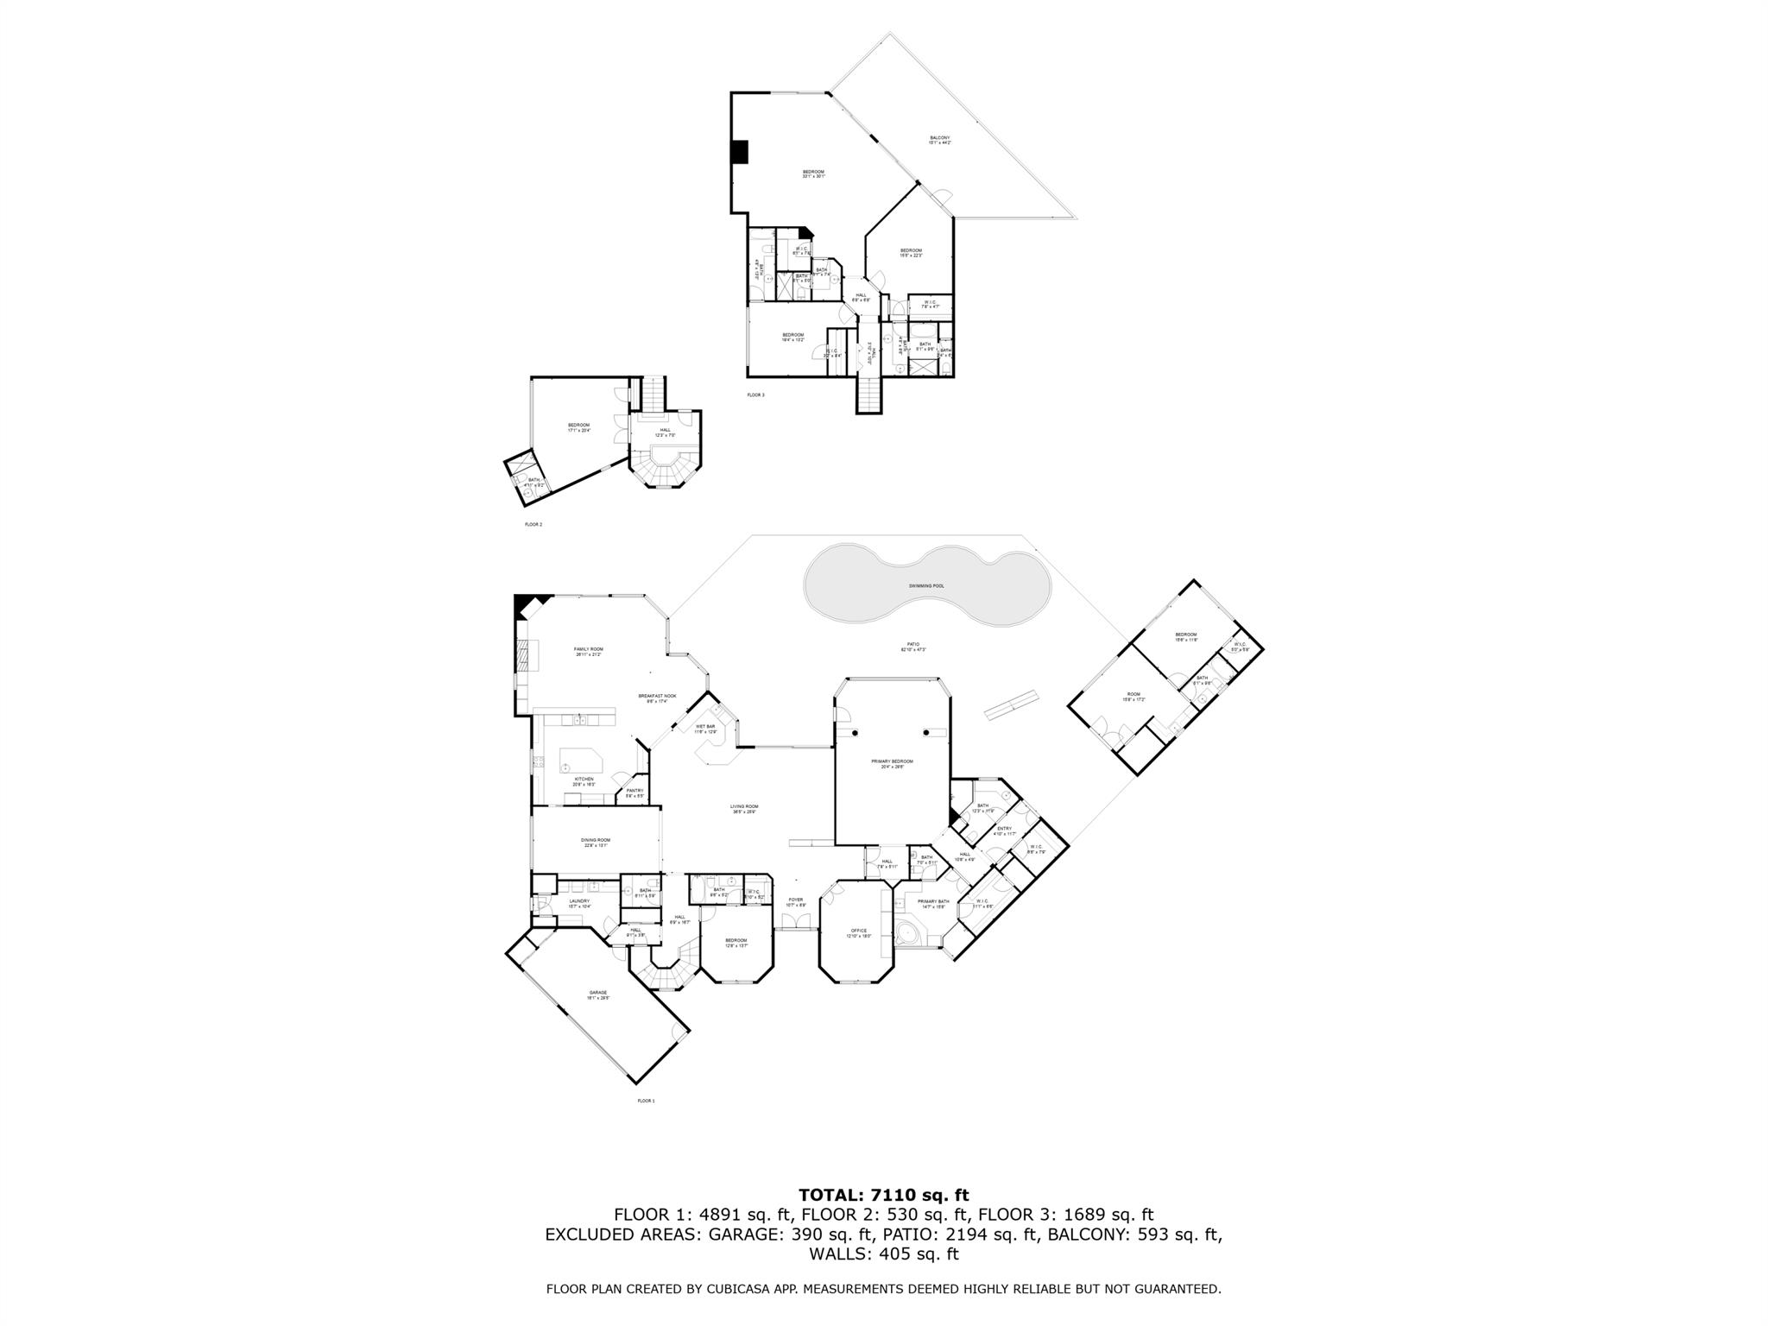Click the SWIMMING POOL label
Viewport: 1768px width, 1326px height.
[926, 586]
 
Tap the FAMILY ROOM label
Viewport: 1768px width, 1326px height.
[589, 649]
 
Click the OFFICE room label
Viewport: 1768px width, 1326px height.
[858, 931]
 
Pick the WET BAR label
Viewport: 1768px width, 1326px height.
[705, 727]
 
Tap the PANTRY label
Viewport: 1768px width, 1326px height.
[635, 791]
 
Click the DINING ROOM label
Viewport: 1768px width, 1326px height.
[596, 840]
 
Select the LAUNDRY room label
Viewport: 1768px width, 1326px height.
[578, 901]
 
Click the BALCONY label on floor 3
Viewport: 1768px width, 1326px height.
[939, 138]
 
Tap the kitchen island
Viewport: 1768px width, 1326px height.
[582, 761]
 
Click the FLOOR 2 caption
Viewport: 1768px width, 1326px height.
[534, 524]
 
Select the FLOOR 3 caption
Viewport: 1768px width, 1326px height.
[755, 395]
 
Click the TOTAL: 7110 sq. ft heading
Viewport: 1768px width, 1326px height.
[883, 1196]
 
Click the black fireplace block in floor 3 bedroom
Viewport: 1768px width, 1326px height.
[739, 152]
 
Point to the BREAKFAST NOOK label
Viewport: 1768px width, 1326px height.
[657, 696]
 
